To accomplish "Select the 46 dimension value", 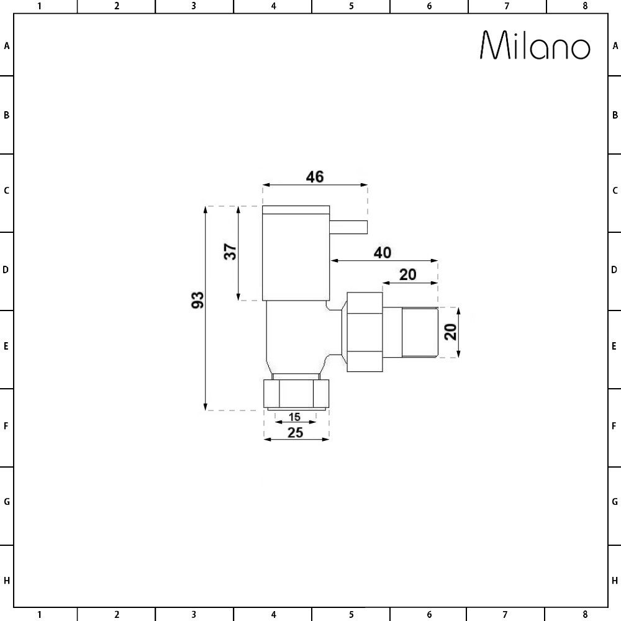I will tap(315, 176).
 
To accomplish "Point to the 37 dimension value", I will tap(230, 252).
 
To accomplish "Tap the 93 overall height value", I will tap(197, 300).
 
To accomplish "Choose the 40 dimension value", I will tap(383, 253).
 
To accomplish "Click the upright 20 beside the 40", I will tap(407, 274).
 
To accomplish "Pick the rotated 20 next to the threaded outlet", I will tap(451, 332).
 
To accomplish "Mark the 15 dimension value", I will tap(295, 417).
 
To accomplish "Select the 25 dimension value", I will tap(296, 432).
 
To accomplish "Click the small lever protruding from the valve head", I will tap(348, 226).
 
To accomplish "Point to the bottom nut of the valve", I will tap(296, 392).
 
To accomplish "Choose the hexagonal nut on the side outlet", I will tap(364, 332).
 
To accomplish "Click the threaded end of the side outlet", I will tap(419, 332).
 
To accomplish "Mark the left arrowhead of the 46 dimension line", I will tap(266, 184).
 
